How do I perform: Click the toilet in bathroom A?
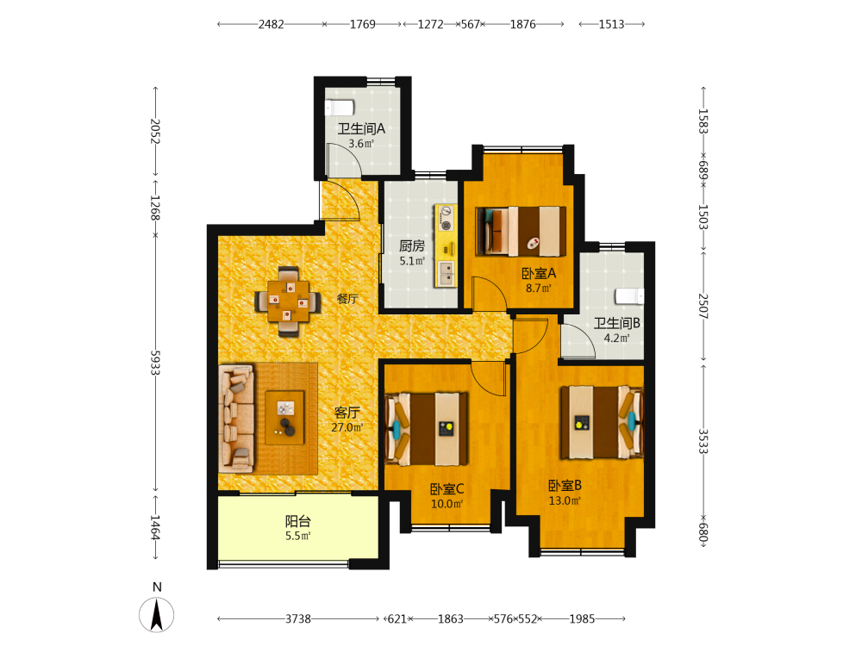(339, 107)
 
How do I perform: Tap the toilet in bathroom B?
(629, 296)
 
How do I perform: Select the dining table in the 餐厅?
(288, 301)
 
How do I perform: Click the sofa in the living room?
(236, 419)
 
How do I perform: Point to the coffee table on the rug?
(284, 418)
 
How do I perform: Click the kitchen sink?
(446, 274)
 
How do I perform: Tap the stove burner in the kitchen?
(447, 225)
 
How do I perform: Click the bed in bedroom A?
(521, 231)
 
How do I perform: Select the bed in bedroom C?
(427, 428)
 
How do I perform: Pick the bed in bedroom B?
(602, 422)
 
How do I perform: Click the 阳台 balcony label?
(298, 521)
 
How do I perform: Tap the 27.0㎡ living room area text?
(347, 427)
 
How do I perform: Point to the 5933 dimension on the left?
(155, 363)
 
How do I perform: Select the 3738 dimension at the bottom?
(298, 619)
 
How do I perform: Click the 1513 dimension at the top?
(611, 24)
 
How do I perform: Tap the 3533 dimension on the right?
(703, 441)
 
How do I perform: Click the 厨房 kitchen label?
(412, 245)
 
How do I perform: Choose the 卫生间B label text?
(617, 323)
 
